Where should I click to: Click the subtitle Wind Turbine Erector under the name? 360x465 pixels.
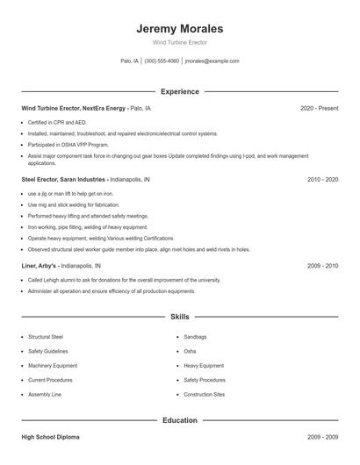coord(179,42)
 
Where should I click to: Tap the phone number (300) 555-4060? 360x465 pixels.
coord(162,61)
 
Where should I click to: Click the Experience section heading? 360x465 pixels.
coord(179,91)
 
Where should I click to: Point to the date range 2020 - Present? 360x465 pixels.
coord(319,108)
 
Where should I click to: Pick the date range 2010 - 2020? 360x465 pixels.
coord(322,179)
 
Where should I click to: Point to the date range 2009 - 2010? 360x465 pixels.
coord(322,264)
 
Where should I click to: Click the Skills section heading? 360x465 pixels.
coord(179,317)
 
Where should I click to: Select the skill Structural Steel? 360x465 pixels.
coord(46,337)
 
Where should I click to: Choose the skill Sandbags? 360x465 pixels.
coord(197,337)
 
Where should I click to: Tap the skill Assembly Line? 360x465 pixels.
coord(44,395)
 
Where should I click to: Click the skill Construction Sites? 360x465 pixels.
coord(204,395)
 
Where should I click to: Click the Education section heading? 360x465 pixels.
coord(179,420)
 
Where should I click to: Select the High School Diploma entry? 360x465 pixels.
coord(51,436)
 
